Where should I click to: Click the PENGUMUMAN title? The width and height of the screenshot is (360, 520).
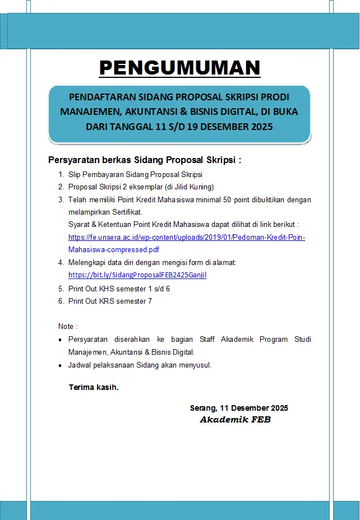coord(179,67)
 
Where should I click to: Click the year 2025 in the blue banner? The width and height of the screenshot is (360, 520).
coord(260,127)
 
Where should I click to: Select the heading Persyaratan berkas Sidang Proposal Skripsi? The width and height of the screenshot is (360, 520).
coord(145,160)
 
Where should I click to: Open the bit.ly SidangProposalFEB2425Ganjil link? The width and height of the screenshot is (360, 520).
coord(137,275)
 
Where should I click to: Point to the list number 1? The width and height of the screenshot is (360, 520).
coord(61,175)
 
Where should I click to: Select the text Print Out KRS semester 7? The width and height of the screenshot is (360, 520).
coord(110,301)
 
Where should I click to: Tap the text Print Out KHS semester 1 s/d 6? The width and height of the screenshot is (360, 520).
coord(119,289)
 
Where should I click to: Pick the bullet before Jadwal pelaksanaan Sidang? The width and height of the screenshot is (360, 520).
coord(61,365)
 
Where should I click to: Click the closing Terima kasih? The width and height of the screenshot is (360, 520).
coord(93,387)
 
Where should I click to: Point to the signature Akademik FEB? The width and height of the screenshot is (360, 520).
coord(235,420)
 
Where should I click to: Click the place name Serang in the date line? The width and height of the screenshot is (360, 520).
coord(202,408)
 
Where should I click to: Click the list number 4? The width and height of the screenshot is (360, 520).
coord(61,262)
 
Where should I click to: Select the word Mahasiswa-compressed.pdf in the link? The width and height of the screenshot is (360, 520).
coord(114,249)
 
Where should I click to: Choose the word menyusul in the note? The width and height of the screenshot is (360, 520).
coord(194,365)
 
